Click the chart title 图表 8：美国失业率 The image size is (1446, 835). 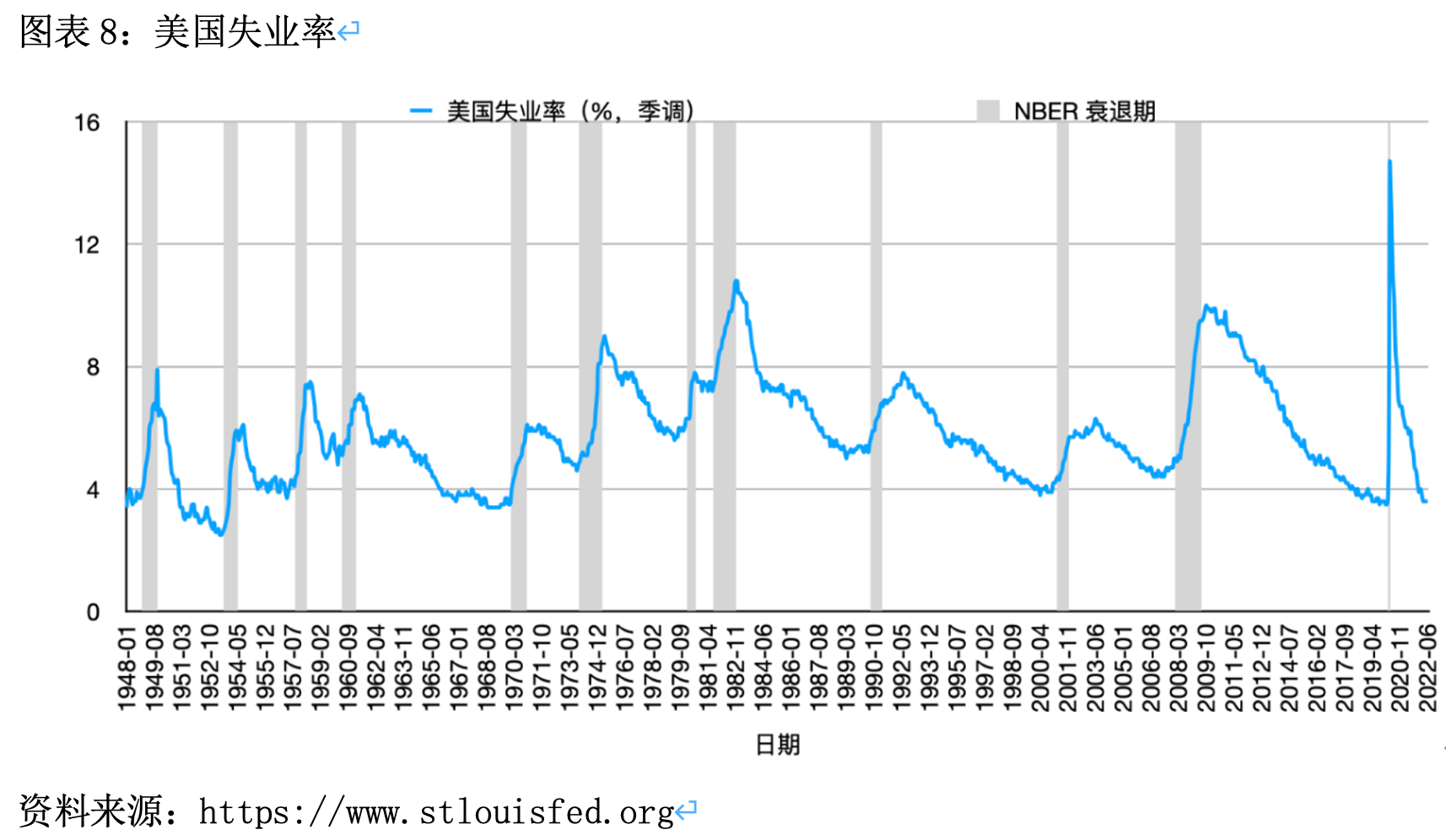(x=177, y=32)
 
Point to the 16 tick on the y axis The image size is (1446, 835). (x=87, y=123)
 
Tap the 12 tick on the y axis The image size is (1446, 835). (x=87, y=245)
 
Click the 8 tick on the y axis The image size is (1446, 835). (x=93, y=368)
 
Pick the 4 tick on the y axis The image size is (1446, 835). (x=93, y=490)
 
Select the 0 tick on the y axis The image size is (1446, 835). (x=93, y=612)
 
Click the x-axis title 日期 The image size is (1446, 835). (x=777, y=745)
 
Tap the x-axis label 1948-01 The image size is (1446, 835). (x=127, y=667)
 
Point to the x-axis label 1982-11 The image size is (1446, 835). (x=736, y=667)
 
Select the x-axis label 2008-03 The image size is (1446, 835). (x=1179, y=667)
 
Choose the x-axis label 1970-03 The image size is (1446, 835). (x=514, y=667)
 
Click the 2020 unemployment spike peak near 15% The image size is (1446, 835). (x=1389, y=161)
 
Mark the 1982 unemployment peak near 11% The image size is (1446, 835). (x=736, y=282)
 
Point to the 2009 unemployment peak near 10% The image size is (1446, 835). (x=1206, y=306)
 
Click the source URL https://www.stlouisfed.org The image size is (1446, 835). (x=436, y=812)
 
